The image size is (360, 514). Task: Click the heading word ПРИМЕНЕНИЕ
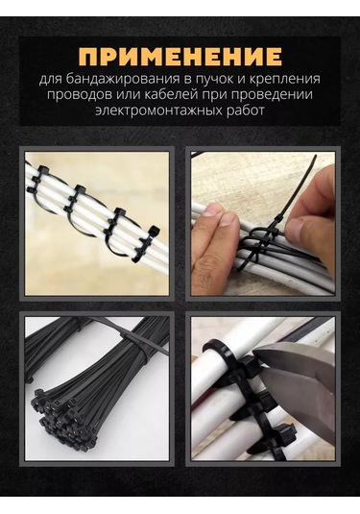tap(180, 55)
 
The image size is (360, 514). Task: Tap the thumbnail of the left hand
tap(226, 219)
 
